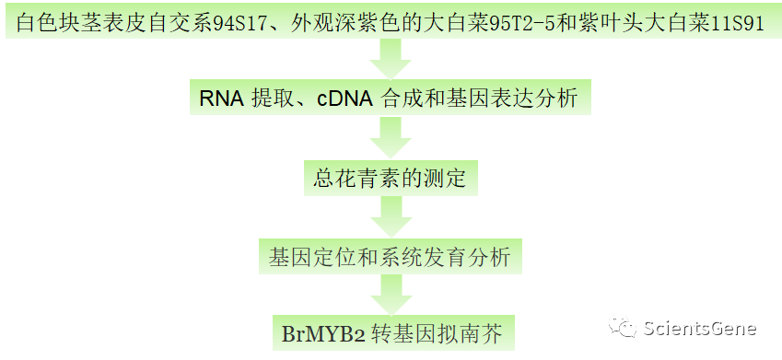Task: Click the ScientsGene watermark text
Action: [x=700, y=328]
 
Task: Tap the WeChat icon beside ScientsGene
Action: [x=627, y=328]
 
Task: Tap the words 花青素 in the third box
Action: [x=377, y=177]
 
